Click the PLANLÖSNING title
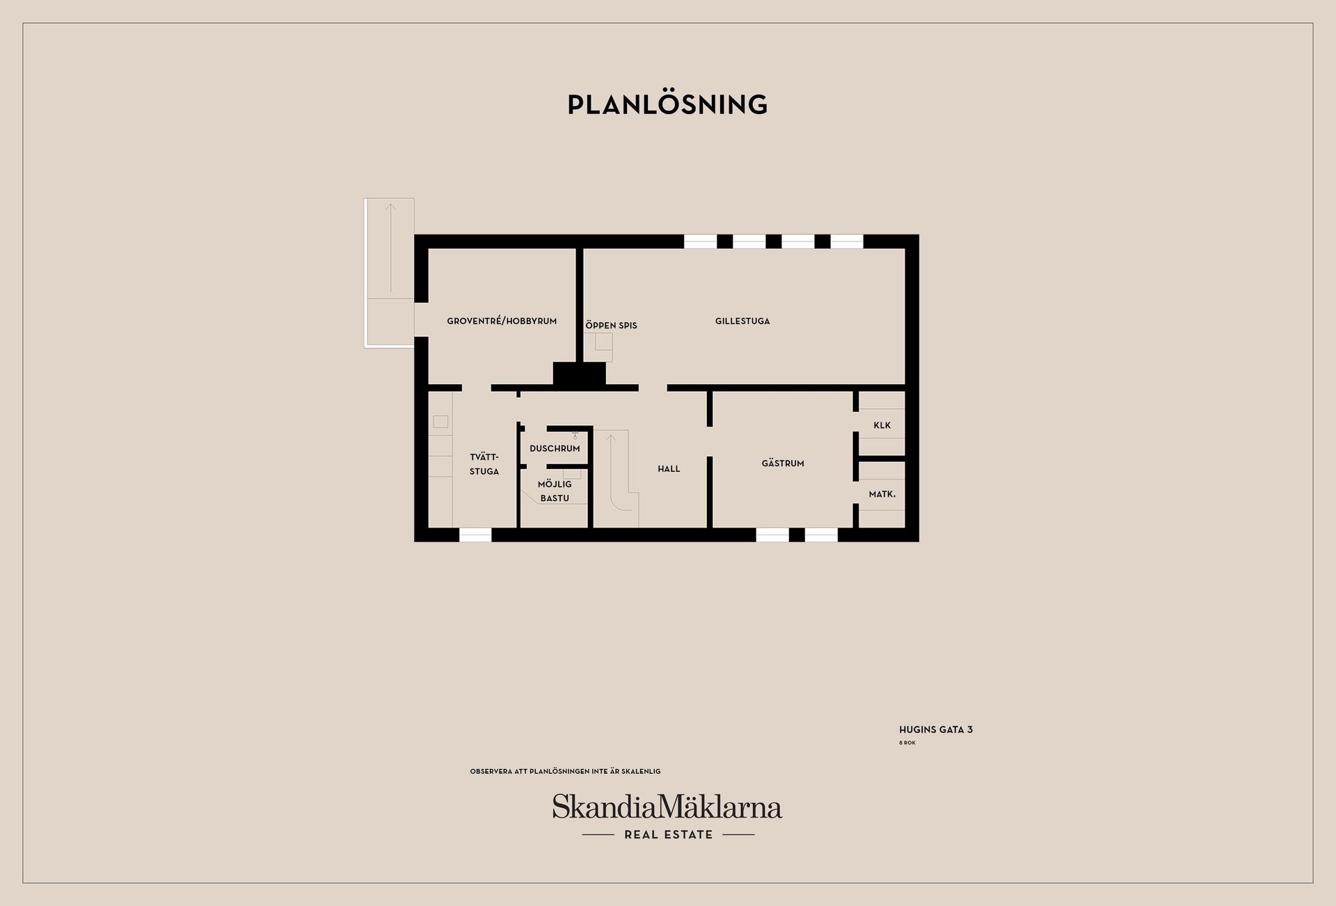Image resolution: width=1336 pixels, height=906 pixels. click(667, 104)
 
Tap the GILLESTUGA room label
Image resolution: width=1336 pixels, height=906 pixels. click(742, 321)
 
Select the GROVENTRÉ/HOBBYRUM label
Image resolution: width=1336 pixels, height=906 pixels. click(502, 321)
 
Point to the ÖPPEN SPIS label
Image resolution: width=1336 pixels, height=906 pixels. click(611, 325)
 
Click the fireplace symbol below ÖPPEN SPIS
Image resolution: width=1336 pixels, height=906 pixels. click(598, 347)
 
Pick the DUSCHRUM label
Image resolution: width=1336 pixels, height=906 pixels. click(555, 449)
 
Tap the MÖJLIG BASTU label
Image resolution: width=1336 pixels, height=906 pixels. click(555, 491)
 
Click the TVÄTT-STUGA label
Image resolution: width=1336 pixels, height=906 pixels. click(484, 464)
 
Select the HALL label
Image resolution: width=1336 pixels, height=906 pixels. click(669, 469)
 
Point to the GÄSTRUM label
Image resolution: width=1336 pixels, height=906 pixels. click(783, 463)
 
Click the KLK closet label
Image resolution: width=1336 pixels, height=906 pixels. click(882, 425)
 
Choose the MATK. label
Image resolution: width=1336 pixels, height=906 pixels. click(882, 494)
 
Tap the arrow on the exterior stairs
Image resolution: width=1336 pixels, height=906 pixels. click(391, 247)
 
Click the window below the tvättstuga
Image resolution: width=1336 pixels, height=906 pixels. click(475, 534)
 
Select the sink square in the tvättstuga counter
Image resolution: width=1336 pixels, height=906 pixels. click(440, 422)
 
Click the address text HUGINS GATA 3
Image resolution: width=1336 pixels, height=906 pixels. click(936, 730)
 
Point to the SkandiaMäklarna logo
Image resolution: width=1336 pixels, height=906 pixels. click(667, 807)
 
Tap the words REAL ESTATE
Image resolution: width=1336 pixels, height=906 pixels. click(669, 835)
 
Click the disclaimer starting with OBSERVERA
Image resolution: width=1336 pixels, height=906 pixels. click(565, 772)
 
